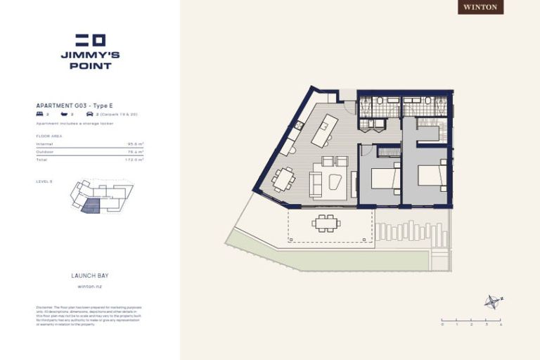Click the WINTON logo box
[x=481, y=7]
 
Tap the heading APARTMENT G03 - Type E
[x=74, y=105]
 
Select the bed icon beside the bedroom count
[x=39, y=113]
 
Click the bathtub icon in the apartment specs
[x=65, y=113]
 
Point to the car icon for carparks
[x=89, y=113]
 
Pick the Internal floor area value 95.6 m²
[x=136, y=143]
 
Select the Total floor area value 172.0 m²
[x=134, y=160]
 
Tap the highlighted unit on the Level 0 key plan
[x=91, y=205]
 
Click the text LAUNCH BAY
[x=89, y=276]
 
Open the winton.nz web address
[x=89, y=286]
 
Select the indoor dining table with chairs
[x=284, y=179]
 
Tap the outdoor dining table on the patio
[x=326, y=224]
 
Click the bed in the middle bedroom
[x=384, y=178]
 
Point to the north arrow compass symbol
[x=491, y=302]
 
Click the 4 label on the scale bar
[x=500, y=324]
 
